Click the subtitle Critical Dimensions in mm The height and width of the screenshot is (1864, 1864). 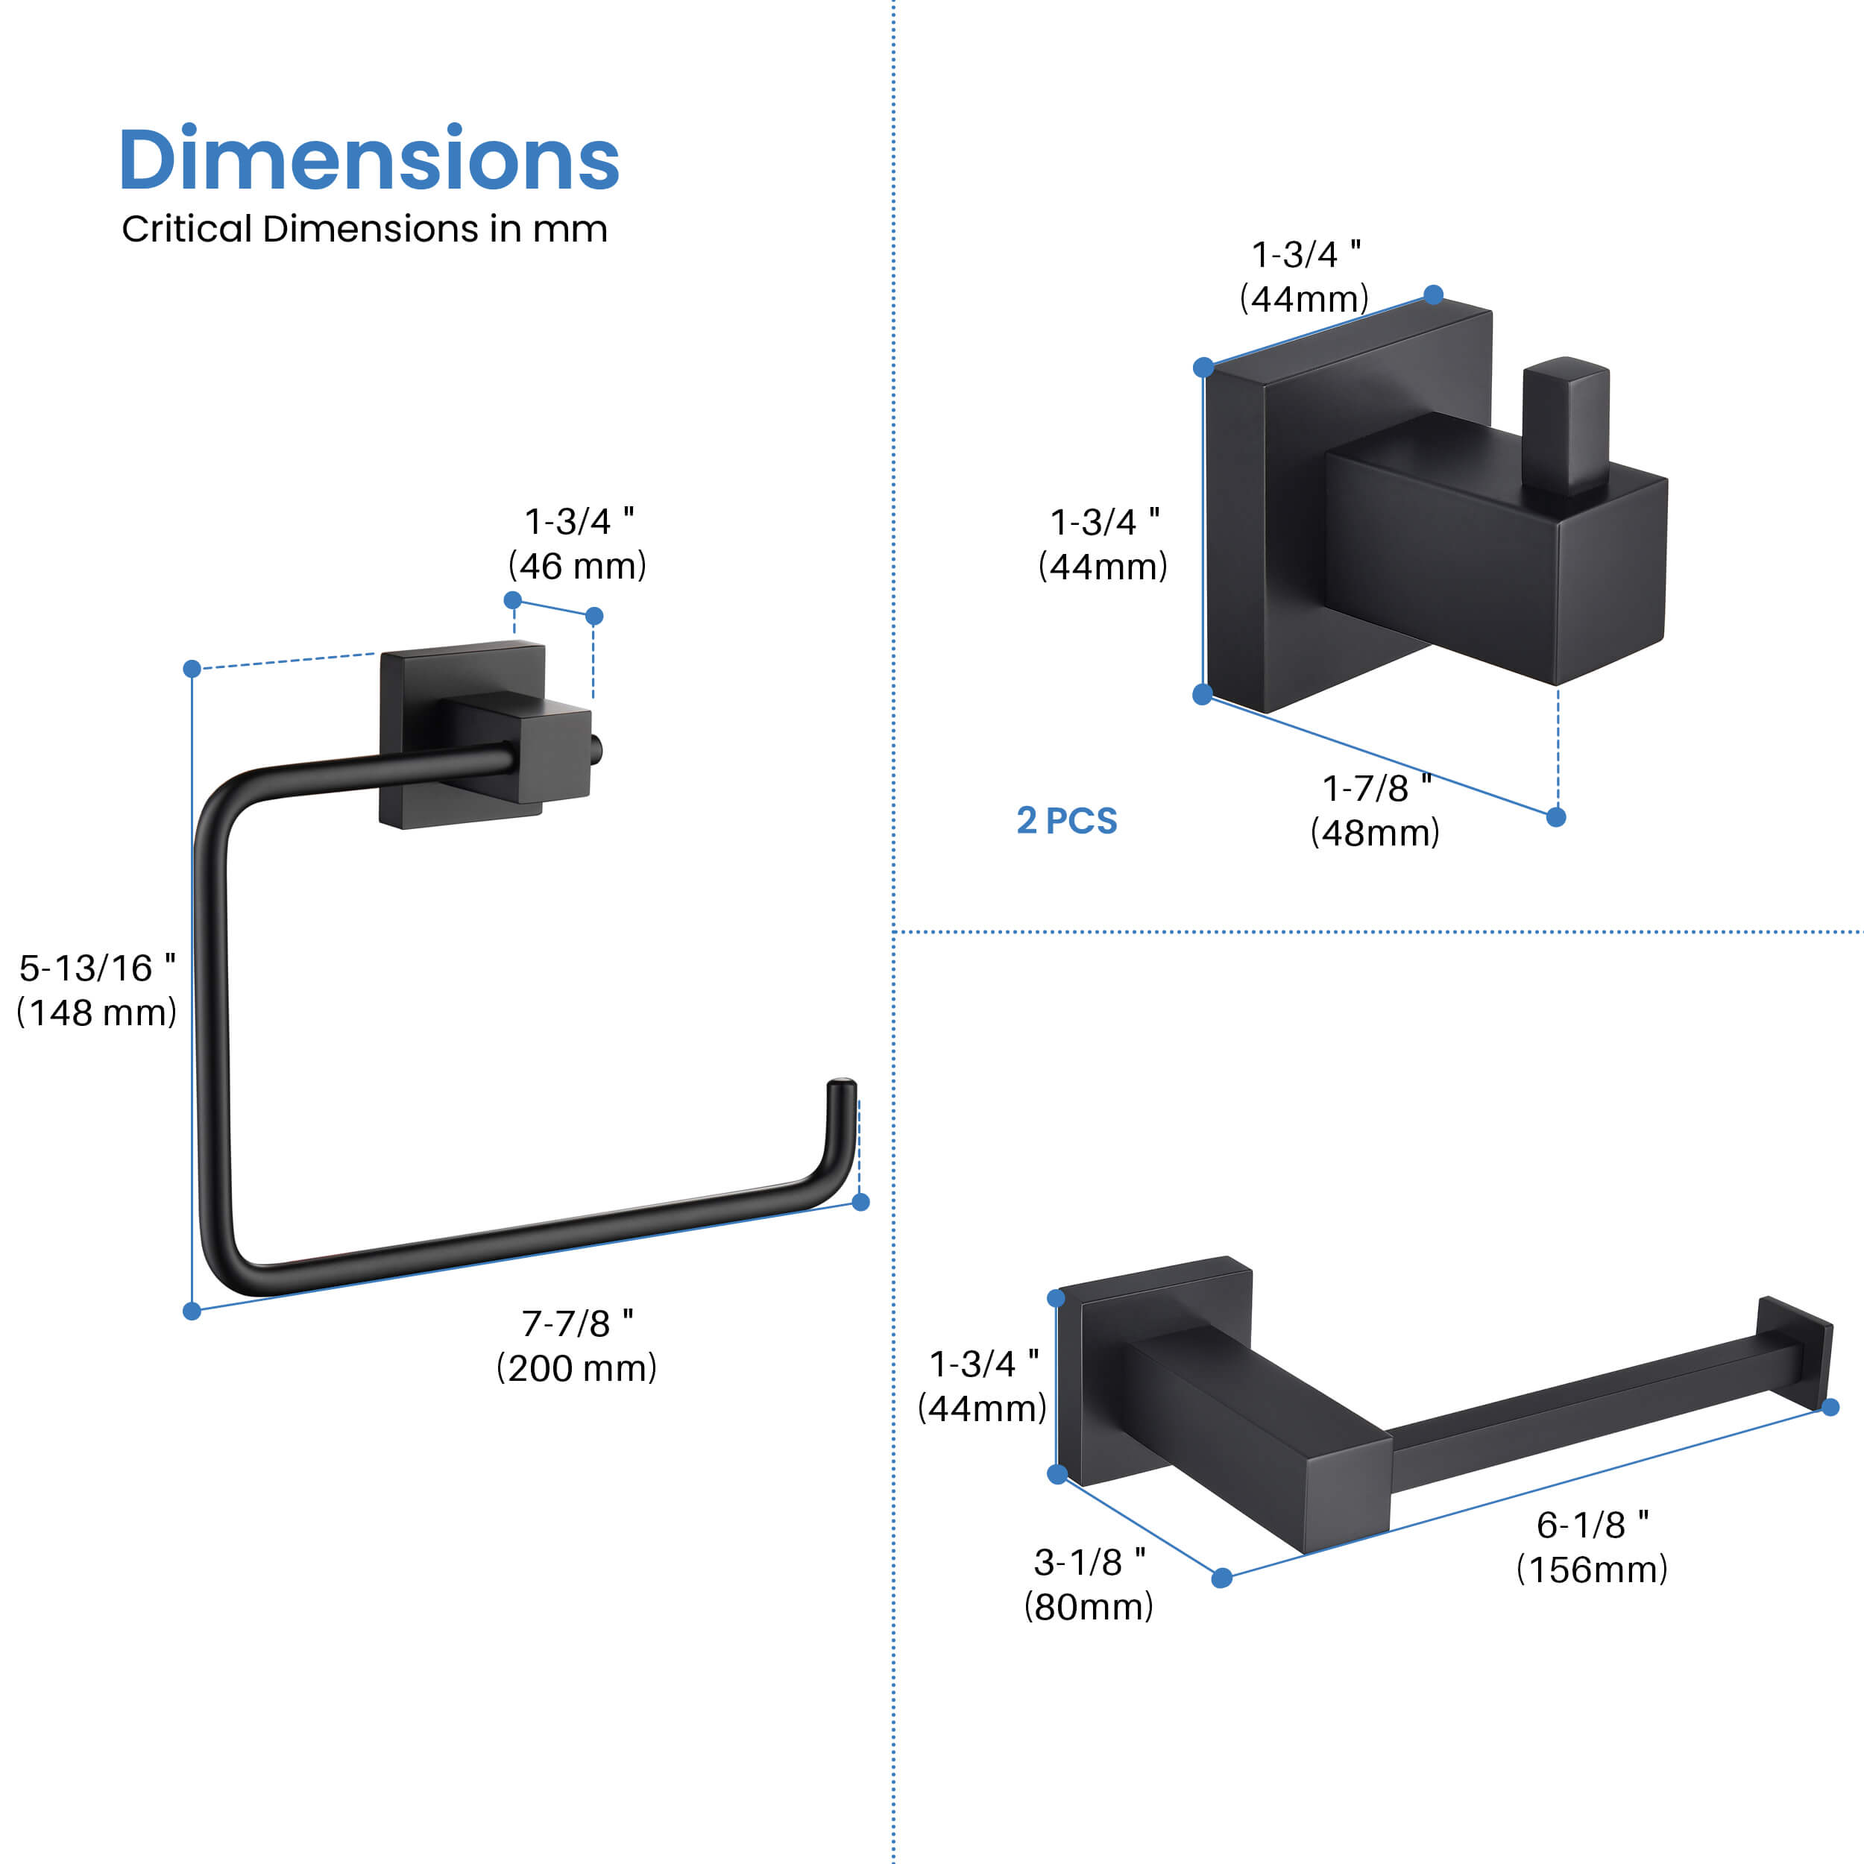364,230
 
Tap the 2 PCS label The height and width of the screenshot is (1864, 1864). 1066,821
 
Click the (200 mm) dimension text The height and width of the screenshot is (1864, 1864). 576,1368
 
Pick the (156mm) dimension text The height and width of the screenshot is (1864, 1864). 1591,1569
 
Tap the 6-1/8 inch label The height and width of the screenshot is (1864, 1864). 1592,1525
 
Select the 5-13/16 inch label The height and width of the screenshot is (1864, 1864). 96,969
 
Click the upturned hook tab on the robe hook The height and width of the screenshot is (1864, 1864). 1565,424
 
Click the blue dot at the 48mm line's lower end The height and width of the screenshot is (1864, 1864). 1556,817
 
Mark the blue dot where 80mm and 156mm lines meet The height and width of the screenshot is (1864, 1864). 1221,1578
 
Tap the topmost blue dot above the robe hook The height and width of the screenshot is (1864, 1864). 1434,295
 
